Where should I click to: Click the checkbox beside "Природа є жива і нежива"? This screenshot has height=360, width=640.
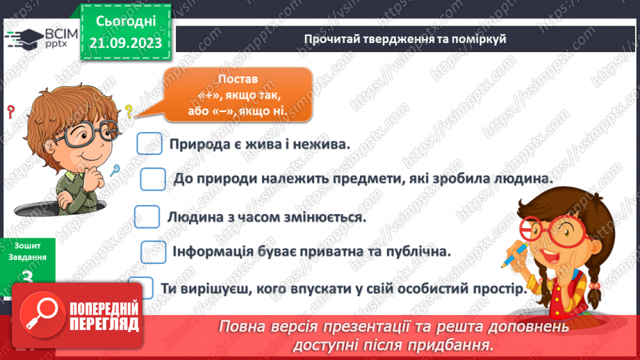point(149,144)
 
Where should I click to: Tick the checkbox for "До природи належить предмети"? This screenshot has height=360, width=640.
point(153,179)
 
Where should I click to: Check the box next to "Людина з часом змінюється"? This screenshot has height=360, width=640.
point(147,216)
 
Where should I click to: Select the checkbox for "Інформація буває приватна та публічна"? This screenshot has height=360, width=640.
point(153,252)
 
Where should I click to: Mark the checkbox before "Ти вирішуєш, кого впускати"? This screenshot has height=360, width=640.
point(141,288)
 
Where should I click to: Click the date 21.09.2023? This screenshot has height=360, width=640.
point(126,43)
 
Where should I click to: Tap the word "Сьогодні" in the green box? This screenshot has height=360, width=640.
point(126,22)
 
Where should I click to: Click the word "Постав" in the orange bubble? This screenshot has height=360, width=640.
point(237,79)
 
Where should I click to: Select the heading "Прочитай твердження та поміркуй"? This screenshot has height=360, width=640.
point(405,39)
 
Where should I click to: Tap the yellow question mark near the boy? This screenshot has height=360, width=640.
point(129,111)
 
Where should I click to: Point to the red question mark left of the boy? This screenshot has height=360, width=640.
point(10,111)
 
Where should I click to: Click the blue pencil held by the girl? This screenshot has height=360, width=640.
point(511,253)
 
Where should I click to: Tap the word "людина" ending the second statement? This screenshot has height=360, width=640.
point(524,179)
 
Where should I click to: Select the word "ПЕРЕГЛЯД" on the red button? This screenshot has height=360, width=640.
point(104,324)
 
